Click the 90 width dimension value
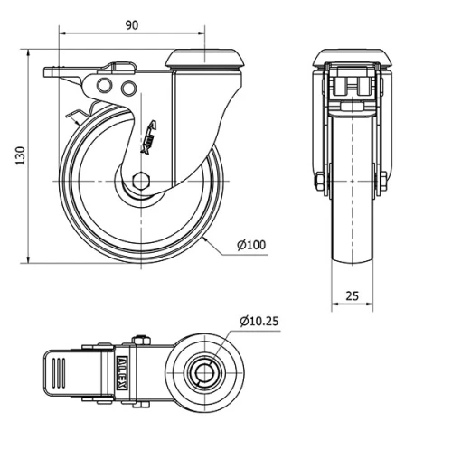[132, 24]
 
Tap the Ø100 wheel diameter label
[251, 245]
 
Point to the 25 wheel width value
[353, 295]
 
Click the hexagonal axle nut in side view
[141, 179]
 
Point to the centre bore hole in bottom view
[205, 371]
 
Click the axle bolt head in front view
[321, 186]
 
